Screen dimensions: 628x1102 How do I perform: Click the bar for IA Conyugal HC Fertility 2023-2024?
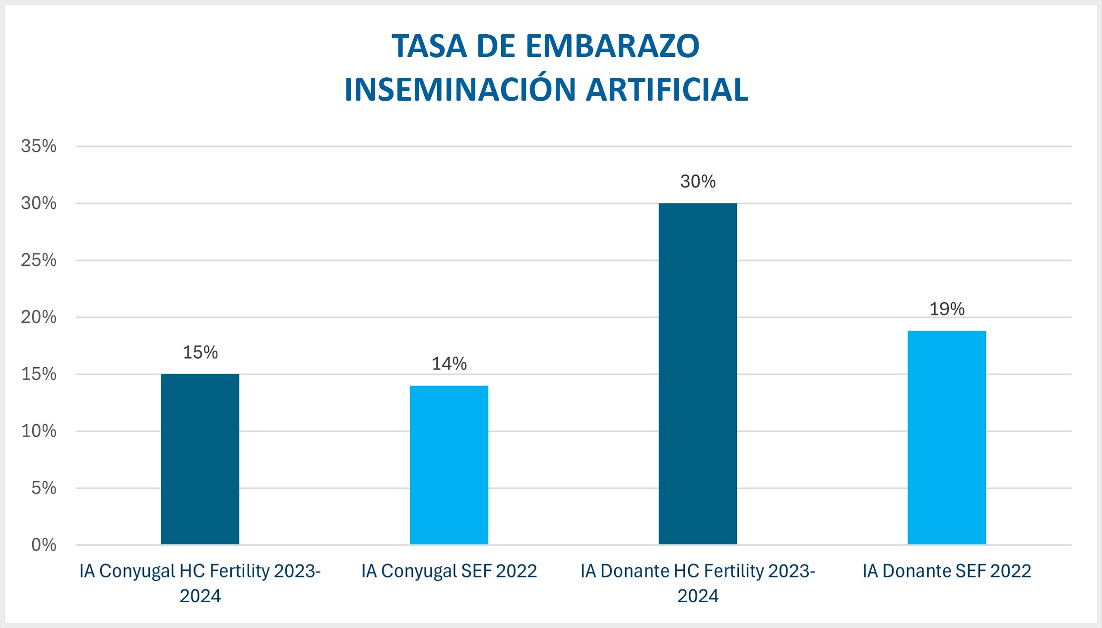click(200, 459)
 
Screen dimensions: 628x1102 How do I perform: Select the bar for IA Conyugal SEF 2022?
click(449, 465)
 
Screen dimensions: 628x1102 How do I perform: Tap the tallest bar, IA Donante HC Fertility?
click(698, 374)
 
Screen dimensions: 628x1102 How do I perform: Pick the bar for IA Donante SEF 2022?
click(947, 437)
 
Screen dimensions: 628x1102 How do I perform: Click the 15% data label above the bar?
click(200, 352)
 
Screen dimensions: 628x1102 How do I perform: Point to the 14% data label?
click(449, 364)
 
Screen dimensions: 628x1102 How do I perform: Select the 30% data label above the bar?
click(698, 182)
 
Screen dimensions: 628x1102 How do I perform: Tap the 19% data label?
click(947, 309)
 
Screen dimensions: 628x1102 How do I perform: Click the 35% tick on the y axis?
click(39, 146)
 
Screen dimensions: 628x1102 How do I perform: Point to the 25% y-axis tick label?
click(39, 260)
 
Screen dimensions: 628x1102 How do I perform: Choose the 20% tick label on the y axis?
click(39, 317)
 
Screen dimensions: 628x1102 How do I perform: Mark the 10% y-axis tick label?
click(39, 431)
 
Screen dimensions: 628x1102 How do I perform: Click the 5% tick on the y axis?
click(44, 488)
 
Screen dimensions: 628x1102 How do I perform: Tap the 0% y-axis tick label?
click(44, 545)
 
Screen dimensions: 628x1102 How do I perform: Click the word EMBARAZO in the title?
click(612, 46)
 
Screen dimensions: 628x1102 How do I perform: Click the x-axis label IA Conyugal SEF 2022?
click(449, 571)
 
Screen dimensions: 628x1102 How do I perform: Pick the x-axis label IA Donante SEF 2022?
click(947, 571)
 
